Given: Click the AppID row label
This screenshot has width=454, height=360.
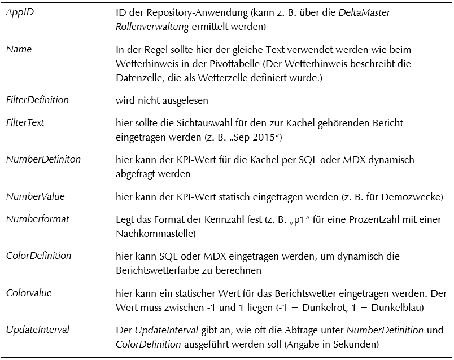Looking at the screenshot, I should pos(20,12).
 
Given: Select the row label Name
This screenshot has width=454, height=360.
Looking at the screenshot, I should pos(19,49).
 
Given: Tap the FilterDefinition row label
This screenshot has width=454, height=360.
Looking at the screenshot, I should pos(37,100).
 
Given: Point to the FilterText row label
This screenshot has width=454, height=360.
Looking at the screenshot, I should pos(25,122).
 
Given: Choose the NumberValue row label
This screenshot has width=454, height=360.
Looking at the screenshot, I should pos(35,196).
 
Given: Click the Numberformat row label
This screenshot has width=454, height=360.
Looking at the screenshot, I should pos(37,218).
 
